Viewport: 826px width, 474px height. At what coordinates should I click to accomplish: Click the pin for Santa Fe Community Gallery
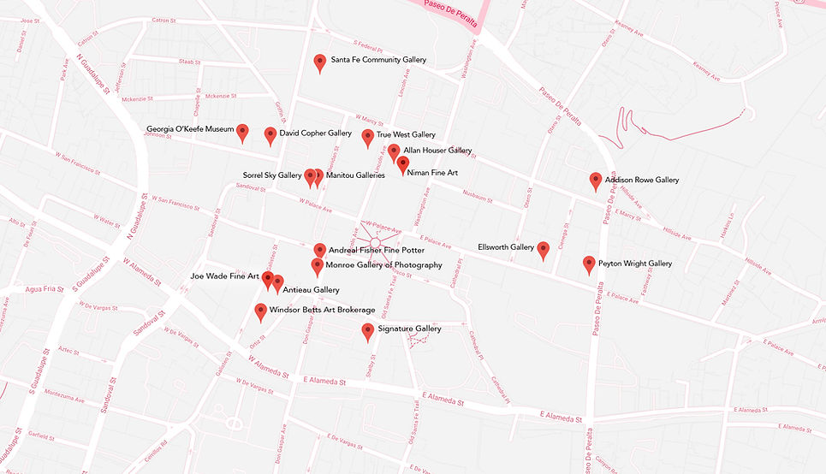pyautogui.click(x=320, y=61)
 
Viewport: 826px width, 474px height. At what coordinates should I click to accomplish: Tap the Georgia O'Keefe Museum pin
pyautogui.click(x=242, y=131)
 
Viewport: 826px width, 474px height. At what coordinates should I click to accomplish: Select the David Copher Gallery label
pyautogui.click(x=315, y=133)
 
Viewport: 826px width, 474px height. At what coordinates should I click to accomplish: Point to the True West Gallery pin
pyautogui.click(x=368, y=137)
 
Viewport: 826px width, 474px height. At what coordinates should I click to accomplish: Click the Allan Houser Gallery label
pyautogui.click(x=437, y=151)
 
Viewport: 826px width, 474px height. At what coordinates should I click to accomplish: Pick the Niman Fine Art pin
pyautogui.click(x=403, y=163)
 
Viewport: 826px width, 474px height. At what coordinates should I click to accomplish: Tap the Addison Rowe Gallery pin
pyautogui.click(x=596, y=180)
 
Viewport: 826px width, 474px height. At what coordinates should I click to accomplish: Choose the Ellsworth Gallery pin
pyautogui.click(x=543, y=249)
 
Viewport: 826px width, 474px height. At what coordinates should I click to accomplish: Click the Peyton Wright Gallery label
pyautogui.click(x=635, y=264)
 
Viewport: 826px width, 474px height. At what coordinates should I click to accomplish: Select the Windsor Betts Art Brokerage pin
pyautogui.click(x=261, y=311)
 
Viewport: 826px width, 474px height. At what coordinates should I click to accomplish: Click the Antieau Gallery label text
pyautogui.click(x=311, y=290)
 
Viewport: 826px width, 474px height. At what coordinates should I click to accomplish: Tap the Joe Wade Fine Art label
pyautogui.click(x=224, y=276)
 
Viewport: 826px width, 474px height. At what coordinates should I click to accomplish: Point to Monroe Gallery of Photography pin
pyautogui.click(x=318, y=266)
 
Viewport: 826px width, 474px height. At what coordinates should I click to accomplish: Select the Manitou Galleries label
pyautogui.click(x=355, y=175)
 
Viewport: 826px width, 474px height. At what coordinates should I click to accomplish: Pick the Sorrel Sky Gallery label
pyautogui.click(x=272, y=175)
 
